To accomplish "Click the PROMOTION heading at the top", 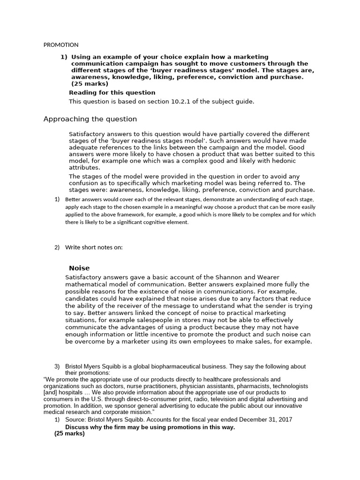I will [x=61, y=45].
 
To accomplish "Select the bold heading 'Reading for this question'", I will [x=112, y=93].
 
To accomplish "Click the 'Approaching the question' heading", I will [x=90, y=119].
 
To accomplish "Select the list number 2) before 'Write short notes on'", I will [x=57, y=247].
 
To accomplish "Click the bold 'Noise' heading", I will [x=79, y=268].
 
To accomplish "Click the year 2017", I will [x=281, y=420].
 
